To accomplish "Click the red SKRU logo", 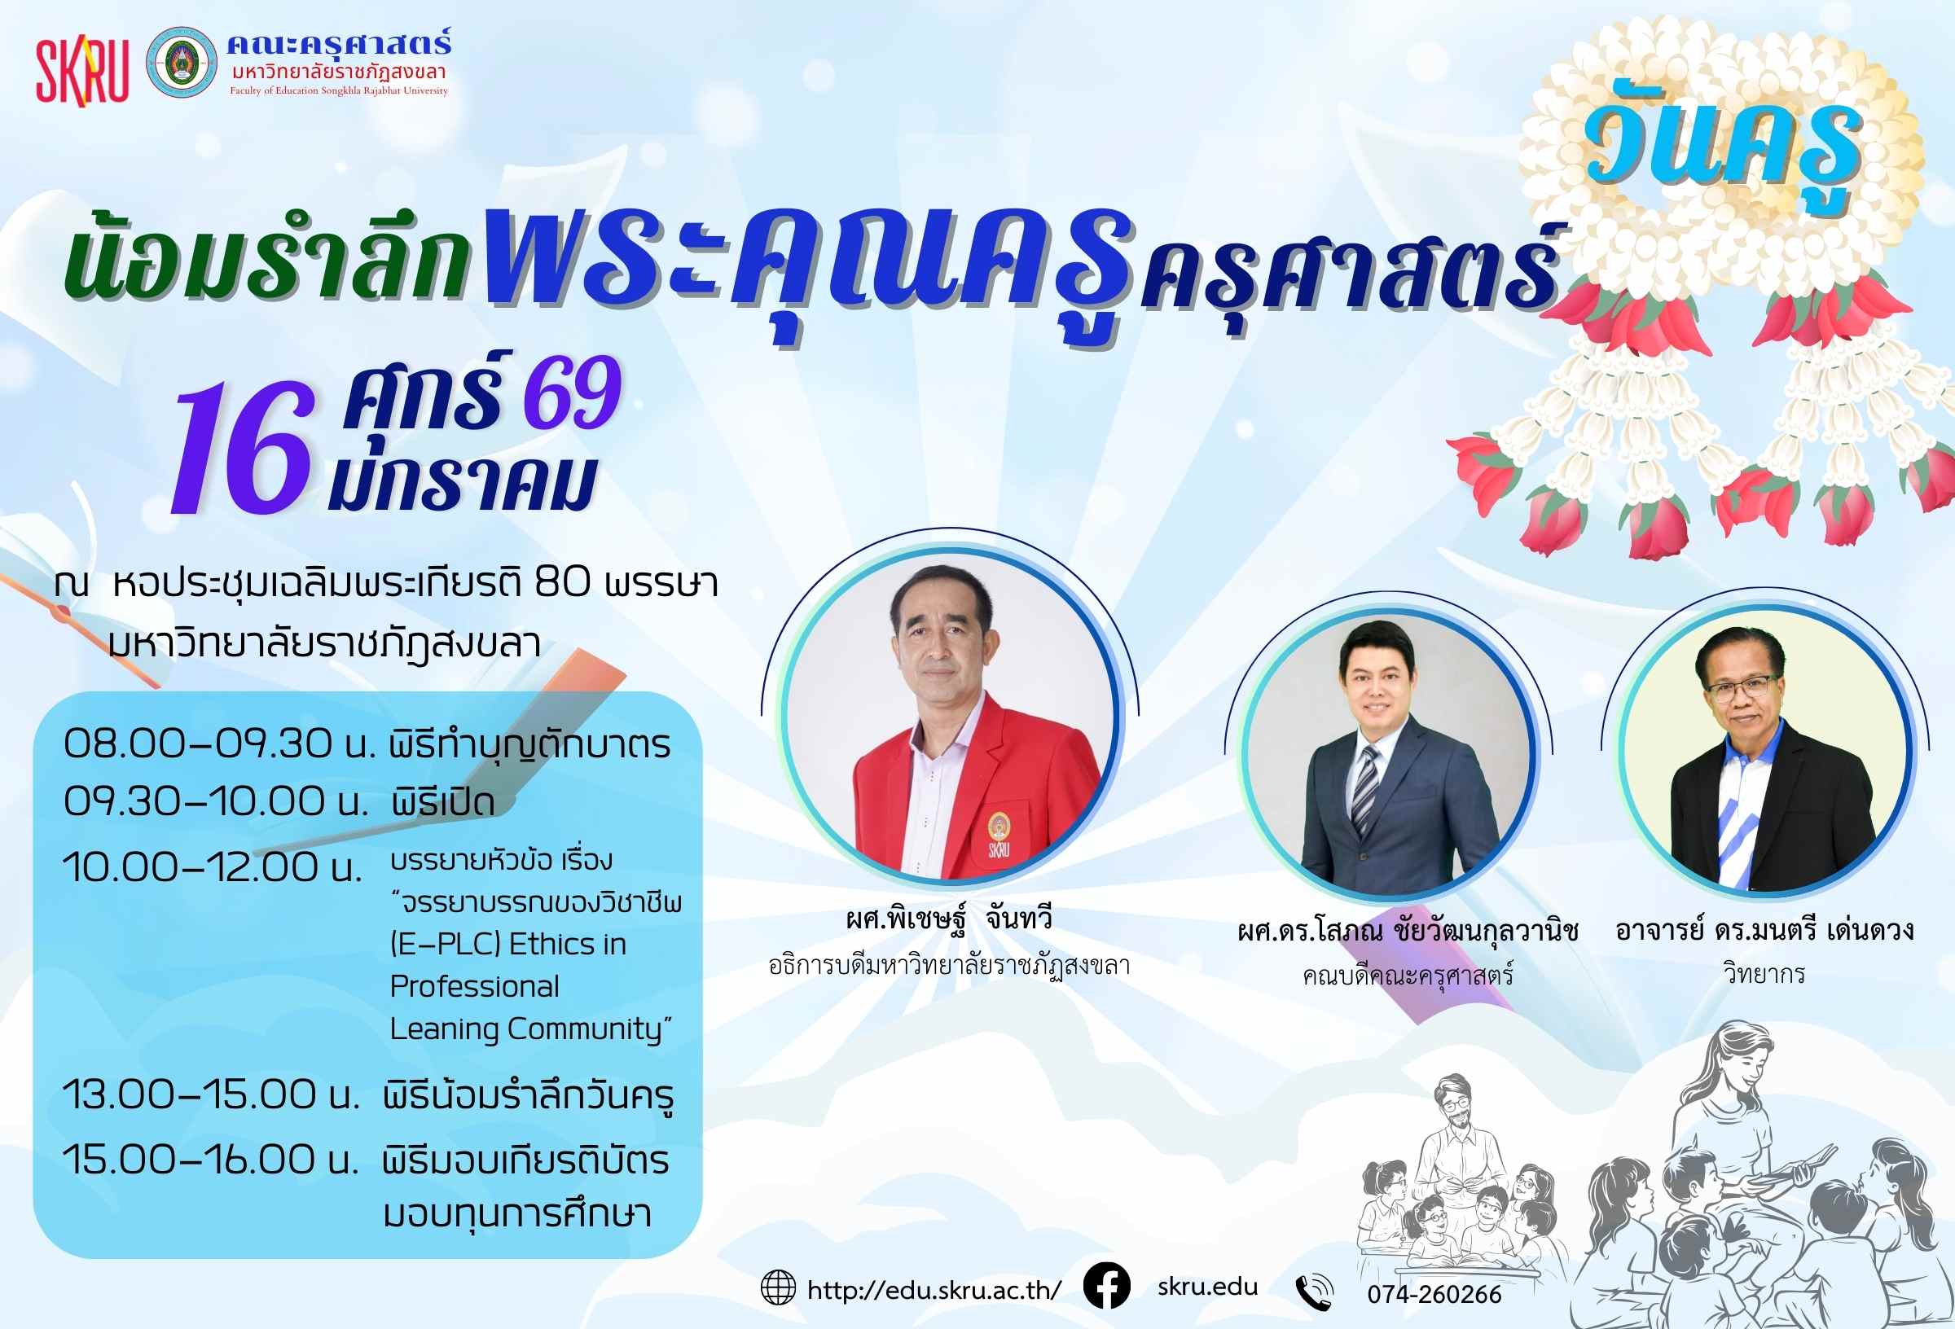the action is (81, 72).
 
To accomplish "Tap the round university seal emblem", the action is (181, 62).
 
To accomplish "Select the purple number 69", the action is (572, 392).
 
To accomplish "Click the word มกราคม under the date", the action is (462, 485).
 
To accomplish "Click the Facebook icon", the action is (1106, 1287).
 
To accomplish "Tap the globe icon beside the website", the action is (778, 1287).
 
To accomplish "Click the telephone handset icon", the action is (1314, 1293).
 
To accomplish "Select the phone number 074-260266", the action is (1434, 1295).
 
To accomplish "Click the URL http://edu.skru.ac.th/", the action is (934, 1290).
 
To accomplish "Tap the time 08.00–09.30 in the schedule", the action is (198, 743).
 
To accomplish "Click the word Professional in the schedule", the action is (474, 987).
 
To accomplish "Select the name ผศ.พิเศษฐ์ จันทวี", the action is (949, 919).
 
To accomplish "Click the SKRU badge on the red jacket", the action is (999, 836).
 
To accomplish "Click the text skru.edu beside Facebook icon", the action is (1207, 1287).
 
